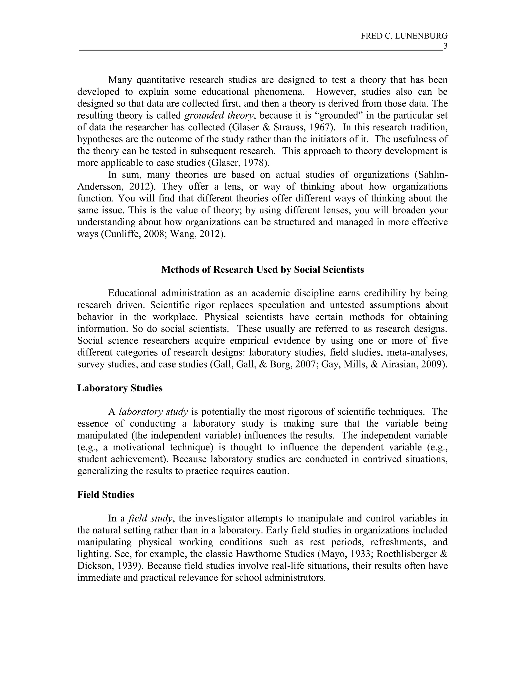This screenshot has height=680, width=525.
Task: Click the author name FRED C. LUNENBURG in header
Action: (x=404, y=36)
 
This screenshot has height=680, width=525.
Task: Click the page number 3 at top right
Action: (x=445, y=46)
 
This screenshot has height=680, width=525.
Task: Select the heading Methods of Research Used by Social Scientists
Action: (x=262, y=270)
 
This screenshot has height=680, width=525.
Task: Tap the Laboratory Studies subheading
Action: (x=120, y=388)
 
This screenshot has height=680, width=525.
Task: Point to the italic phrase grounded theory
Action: (x=219, y=115)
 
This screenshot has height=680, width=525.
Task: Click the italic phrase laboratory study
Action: (x=153, y=412)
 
